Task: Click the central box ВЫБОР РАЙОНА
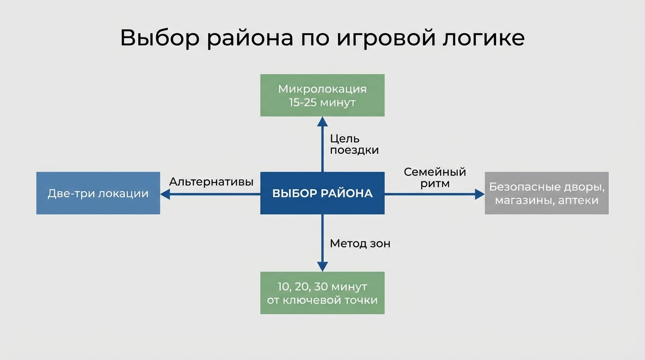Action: [322, 193]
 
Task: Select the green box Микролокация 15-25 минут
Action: [322, 95]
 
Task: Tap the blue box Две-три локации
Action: [98, 193]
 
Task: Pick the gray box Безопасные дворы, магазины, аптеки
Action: [547, 193]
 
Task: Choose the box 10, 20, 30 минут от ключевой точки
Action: [322, 293]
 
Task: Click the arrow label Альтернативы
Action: [211, 181]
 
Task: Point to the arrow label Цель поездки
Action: [354, 144]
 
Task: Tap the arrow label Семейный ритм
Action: [435, 178]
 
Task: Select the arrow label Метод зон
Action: [360, 244]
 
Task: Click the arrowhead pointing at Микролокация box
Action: [322, 121]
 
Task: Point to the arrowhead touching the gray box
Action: [479, 194]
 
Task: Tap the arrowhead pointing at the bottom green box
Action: [322, 266]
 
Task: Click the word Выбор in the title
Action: [159, 38]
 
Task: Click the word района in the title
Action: [250, 38]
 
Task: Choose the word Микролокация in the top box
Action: [322, 89]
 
